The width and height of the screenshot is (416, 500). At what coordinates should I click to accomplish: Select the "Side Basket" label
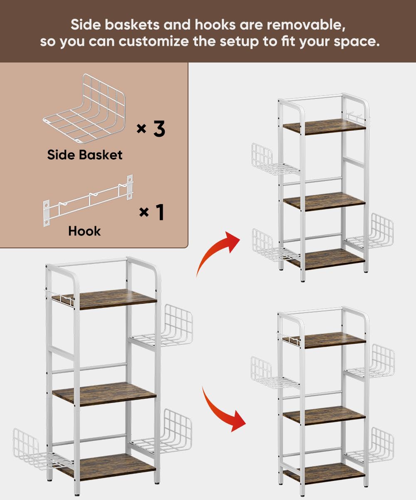pos(85,155)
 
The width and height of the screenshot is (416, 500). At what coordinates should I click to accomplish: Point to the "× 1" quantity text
pos(151,212)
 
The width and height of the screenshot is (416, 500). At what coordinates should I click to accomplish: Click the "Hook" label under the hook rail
pos(84,231)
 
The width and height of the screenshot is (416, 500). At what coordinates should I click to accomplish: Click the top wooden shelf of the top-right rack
pos(324,126)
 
